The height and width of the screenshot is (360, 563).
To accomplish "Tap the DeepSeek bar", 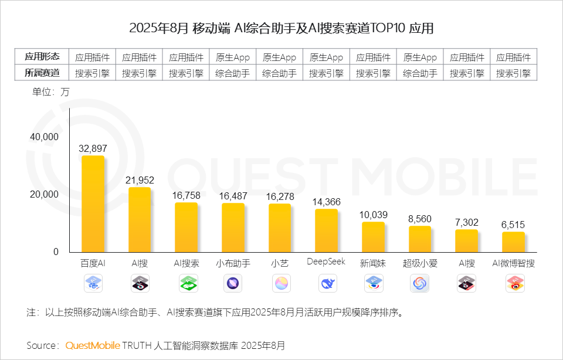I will tap(326, 230).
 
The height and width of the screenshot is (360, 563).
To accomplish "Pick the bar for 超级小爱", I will tap(420, 239).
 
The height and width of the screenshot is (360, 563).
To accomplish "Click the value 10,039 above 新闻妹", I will tap(374, 215).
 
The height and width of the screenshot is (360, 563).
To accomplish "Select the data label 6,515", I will tap(514, 225).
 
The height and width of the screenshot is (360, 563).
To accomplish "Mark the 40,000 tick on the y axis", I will tap(45, 137).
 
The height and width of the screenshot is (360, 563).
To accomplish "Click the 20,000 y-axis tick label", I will tap(45, 194).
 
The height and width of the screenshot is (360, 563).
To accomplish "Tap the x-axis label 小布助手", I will tap(233, 263).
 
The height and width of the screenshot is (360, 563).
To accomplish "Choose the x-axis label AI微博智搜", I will tap(514, 263).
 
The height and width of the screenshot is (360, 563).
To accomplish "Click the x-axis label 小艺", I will tap(280, 263).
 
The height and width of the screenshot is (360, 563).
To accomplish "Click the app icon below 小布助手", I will tap(233, 284).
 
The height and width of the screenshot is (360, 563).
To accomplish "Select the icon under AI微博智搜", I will tap(514, 284).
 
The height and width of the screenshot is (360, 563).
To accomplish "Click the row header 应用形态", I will tap(42, 57).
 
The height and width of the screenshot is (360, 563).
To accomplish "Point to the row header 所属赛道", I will tap(42, 73).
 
